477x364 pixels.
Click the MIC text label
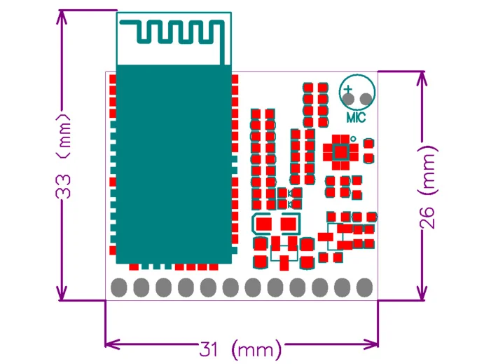[357, 117]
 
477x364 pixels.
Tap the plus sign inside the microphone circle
[347, 89]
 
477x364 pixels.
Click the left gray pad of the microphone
[348, 99]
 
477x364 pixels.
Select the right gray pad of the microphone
[366, 99]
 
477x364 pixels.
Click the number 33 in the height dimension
[63, 187]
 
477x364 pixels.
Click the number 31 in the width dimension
[209, 349]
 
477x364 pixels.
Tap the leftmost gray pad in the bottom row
[118, 288]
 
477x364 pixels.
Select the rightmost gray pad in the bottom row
[364, 288]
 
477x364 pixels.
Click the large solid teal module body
[174, 165]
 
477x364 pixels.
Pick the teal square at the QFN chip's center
[341, 152]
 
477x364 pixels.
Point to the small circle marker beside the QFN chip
[353, 139]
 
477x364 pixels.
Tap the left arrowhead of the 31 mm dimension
[111, 344]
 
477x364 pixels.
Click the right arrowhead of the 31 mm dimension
[372, 344]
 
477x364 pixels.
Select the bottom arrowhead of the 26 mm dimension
[422, 295]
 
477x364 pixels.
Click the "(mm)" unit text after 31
[256, 349]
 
